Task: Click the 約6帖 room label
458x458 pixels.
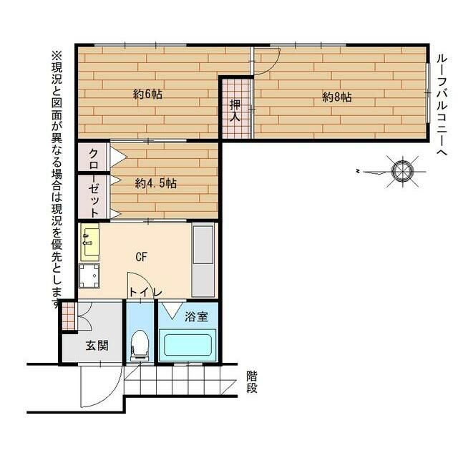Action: click(x=147, y=94)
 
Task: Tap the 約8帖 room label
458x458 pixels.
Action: click(x=337, y=97)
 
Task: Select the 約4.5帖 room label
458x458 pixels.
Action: click(x=156, y=183)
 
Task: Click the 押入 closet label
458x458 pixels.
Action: click(x=235, y=111)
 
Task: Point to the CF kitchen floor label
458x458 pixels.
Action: click(x=142, y=257)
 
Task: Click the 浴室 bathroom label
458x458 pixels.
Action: click(x=196, y=316)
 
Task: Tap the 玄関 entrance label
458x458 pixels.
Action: click(x=97, y=346)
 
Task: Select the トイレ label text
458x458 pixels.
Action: click(x=145, y=293)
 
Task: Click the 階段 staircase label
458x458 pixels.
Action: click(x=252, y=382)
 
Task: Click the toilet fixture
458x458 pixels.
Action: click(x=140, y=345)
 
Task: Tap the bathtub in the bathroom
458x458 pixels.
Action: click(x=187, y=345)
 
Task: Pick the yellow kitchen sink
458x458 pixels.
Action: click(x=89, y=242)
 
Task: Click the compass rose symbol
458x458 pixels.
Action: click(x=402, y=172)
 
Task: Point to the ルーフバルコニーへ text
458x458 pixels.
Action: click(x=442, y=106)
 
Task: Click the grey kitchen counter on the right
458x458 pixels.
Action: click(x=203, y=260)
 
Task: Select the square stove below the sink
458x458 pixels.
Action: click(x=89, y=276)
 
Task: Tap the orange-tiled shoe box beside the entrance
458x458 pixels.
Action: click(x=69, y=316)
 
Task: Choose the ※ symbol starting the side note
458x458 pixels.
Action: click(x=57, y=55)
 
